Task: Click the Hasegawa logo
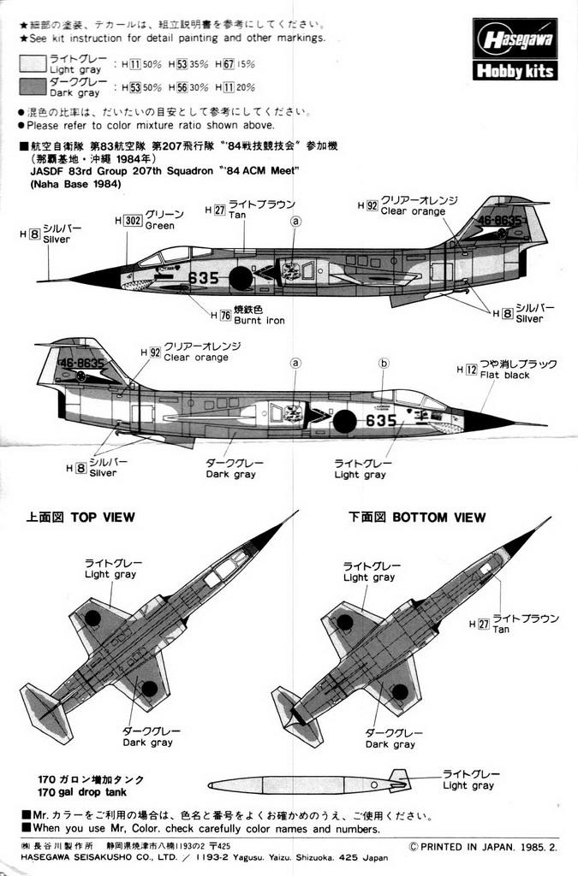515,38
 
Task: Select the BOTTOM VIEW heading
417,517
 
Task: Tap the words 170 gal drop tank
91,793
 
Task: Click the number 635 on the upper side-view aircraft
203,278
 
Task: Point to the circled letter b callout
384,363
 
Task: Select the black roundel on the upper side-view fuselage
241,278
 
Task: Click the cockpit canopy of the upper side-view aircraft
167,255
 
